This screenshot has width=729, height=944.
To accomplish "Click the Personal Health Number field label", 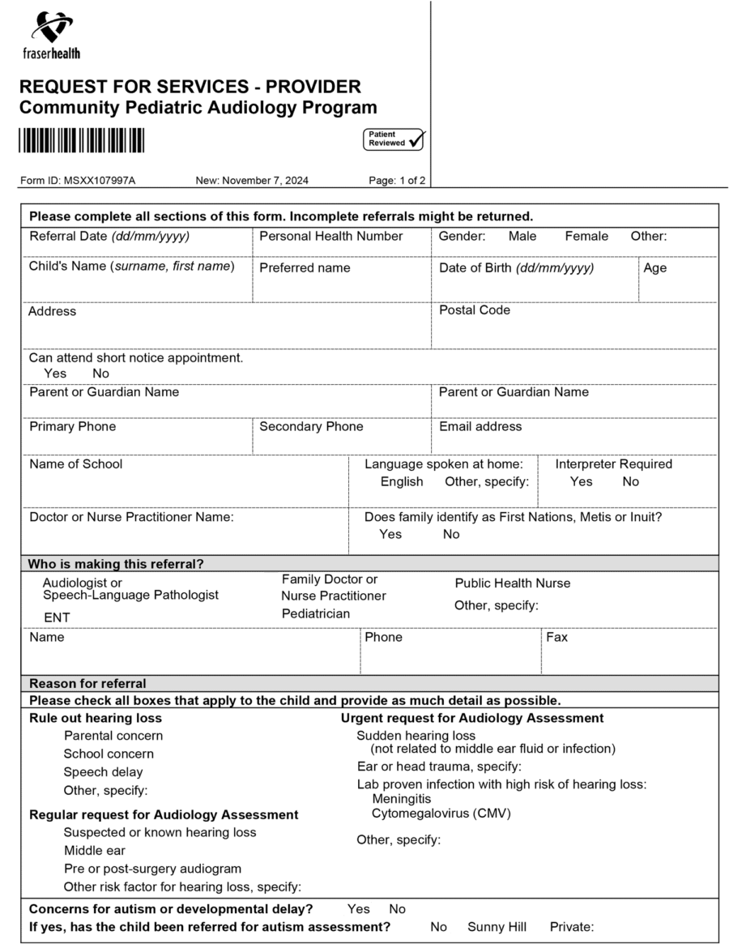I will (330, 237).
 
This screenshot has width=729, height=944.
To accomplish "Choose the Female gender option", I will (586, 237).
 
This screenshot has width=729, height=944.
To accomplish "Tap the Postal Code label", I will (475, 310).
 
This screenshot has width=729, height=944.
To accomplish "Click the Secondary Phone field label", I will (311, 427).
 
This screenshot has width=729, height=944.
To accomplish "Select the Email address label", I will (480, 427).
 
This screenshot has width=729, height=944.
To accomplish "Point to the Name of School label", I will (76, 464).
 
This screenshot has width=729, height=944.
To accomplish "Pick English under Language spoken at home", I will (402, 482).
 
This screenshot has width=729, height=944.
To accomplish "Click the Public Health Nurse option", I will (512, 583).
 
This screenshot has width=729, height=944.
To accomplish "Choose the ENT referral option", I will (57, 618).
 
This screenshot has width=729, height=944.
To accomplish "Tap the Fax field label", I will (556, 638).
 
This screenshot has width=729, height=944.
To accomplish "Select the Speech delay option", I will (103, 772).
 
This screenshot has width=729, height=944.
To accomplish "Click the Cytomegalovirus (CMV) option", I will (441, 813).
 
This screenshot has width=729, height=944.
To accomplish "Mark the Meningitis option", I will (402, 799).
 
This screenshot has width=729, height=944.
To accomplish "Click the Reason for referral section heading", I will (87, 683).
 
